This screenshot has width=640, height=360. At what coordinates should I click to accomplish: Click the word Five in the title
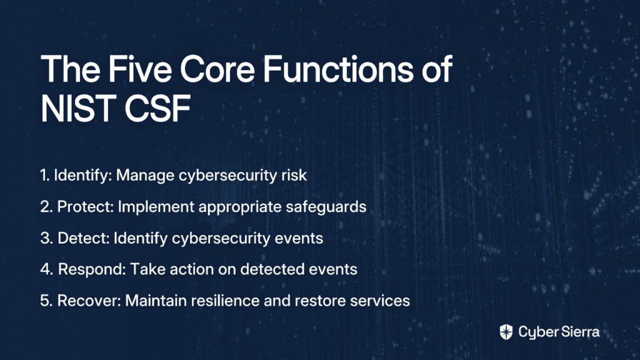tap(139, 69)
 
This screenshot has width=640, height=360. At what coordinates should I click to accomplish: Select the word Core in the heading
tap(217, 69)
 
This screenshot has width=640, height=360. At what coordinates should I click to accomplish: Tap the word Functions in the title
tap(338, 69)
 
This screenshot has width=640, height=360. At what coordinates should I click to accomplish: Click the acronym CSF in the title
tap(157, 109)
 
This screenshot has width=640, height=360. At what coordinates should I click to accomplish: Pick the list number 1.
tap(45, 175)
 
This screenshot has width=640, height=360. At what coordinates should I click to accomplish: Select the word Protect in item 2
tap(85, 206)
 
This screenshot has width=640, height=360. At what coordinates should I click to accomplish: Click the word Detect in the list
tap(84, 238)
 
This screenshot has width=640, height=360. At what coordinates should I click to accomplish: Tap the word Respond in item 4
tap(92, 269)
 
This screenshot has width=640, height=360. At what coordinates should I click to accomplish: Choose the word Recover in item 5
tap(89, 301)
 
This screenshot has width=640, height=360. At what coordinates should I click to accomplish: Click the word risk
tap(294, 175)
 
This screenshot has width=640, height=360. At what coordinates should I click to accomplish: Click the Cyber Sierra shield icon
tap(506, 332)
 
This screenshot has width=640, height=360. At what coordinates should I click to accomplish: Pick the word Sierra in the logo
tap(579, 331)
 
